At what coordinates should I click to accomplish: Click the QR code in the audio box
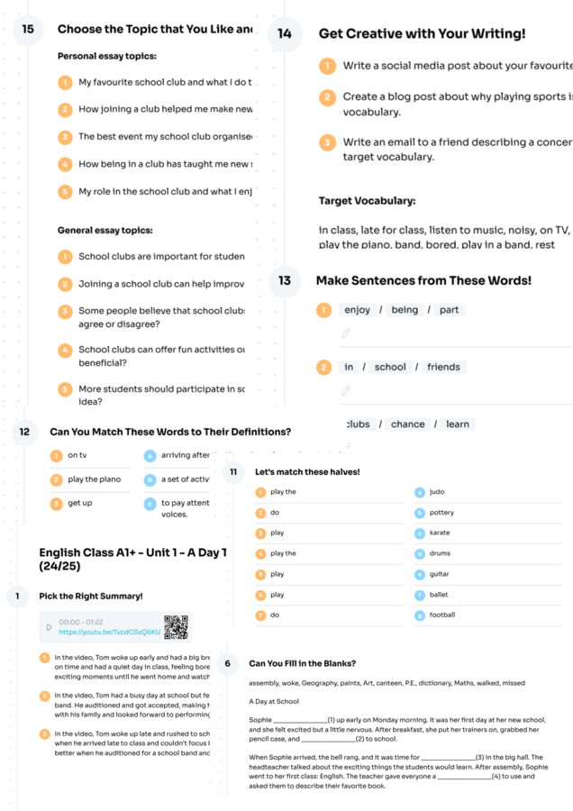(x=176, y=627)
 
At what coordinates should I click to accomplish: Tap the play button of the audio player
(x=48, y=627)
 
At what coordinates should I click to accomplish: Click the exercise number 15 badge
(x=28, y=30)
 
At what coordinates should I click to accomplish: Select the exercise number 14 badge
(x=285, y=33)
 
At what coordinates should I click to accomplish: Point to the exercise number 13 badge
(x=285, y=281)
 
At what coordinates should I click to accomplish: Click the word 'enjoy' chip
(x=358, y=310)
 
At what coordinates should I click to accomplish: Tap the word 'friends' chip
(x=443, y=367)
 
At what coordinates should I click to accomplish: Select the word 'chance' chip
(x=408, y=424)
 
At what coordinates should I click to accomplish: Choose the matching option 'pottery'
(x=441, y=513)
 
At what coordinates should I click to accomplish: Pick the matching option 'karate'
(x=440, y=533)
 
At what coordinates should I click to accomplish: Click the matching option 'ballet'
(x=439, y=595)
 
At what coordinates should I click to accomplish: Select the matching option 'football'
(x=442, y=615)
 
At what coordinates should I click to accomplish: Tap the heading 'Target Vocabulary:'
(x=367, y=201)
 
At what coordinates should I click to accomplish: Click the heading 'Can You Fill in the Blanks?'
(x=302, y=663)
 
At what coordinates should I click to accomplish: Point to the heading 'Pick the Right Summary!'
(x=90, y=597)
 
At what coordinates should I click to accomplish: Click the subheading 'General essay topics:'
(x=105, y=230)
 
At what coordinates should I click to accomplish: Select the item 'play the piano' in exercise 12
(x=94, y=479)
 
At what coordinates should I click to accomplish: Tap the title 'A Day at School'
(x=275, y=701)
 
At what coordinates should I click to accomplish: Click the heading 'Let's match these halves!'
(x=307, y=472)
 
